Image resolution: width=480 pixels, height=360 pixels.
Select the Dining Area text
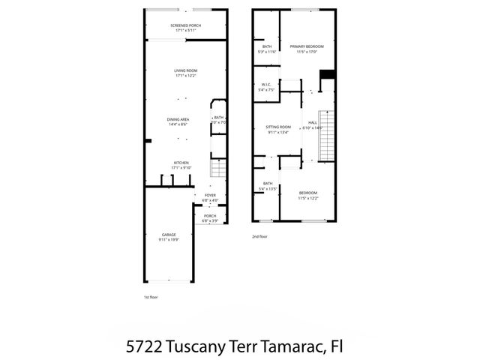click(x=177, y=122)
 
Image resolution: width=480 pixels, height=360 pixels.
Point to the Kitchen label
click(x=181, y=165)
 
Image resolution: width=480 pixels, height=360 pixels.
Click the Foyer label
click(x=210, y=198)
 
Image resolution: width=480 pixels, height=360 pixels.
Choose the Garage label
click(x=168, y=237)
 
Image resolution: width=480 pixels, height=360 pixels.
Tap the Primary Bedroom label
click(x=307, y=49)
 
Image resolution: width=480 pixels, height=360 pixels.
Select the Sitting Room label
click(x=277, y=130)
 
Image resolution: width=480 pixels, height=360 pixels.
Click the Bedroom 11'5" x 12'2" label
click(x=307, y=196)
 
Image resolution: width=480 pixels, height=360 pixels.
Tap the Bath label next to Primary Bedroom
click(x=267, y=49)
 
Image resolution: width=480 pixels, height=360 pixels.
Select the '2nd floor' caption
click(x=259, y=236)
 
